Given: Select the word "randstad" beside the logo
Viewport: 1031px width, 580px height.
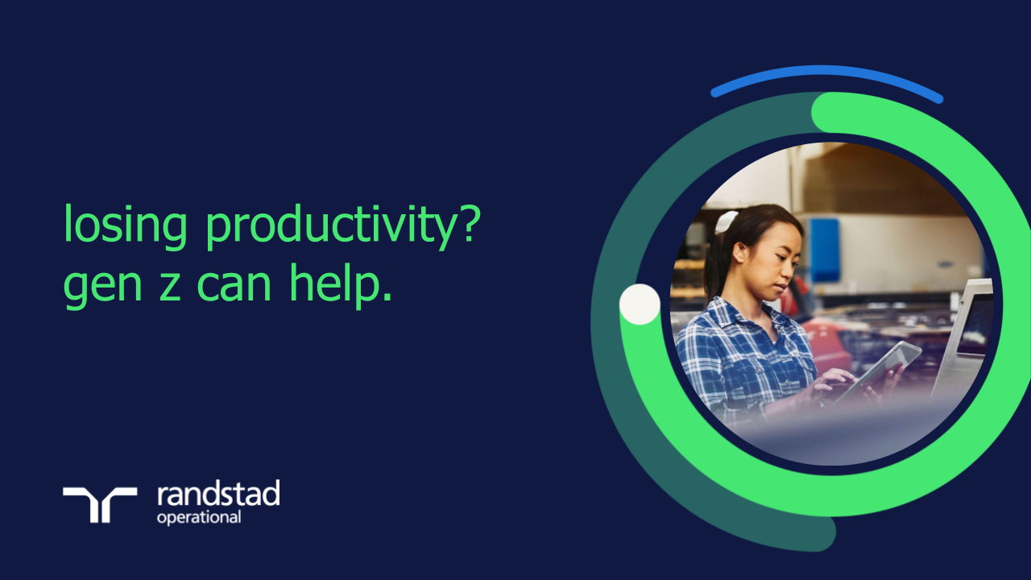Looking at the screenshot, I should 218,494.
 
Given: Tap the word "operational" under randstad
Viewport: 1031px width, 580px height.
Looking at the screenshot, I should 198,517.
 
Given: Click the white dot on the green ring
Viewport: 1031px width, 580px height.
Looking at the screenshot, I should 640,304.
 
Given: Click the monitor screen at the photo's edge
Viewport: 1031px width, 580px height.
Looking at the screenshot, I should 975,322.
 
